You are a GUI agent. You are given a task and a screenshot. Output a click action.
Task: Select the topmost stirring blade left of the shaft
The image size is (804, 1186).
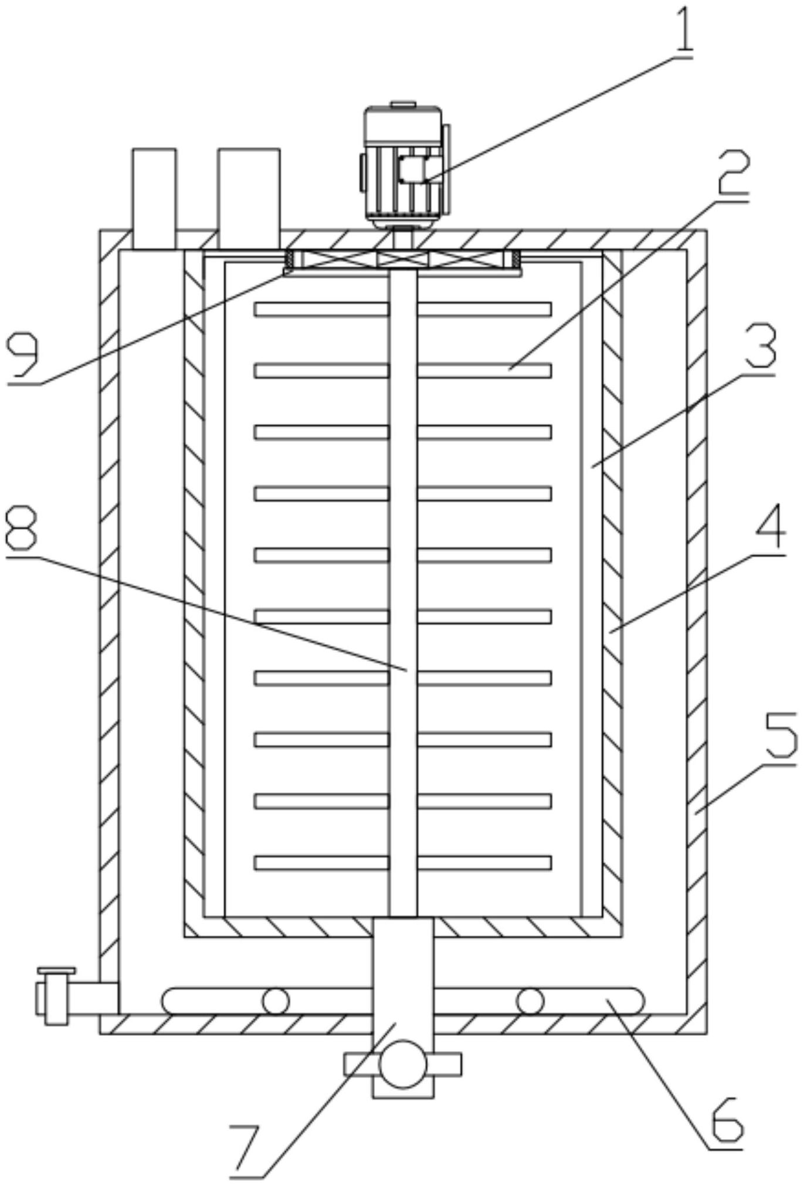click(x=321, y=309)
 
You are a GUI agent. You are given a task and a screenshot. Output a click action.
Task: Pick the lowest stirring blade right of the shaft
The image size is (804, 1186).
click(x=484, y=862)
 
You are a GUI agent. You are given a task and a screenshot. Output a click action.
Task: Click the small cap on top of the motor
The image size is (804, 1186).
click(x=403, y=104)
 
